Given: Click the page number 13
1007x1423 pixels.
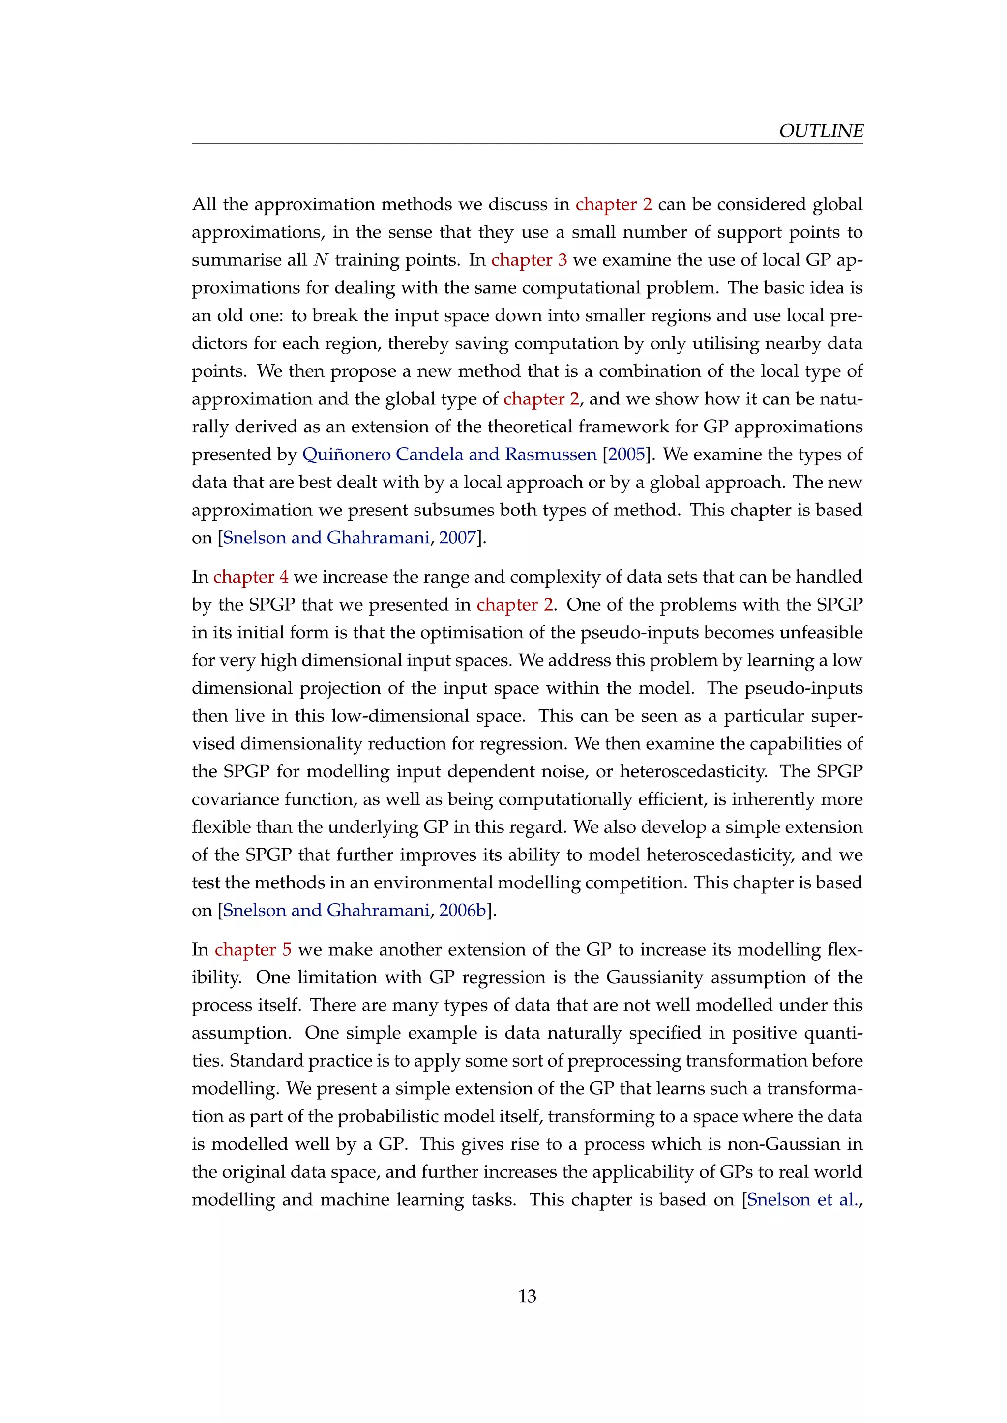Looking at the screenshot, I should [527, 1296].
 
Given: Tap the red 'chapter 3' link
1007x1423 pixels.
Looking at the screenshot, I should [529, 259].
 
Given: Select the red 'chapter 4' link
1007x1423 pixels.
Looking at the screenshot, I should [250, 577].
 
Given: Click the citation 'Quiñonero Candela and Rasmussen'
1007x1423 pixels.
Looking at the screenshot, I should [449, 455].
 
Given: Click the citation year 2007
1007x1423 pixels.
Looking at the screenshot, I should [457, 538].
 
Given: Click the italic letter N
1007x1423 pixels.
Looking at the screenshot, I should [321, 259].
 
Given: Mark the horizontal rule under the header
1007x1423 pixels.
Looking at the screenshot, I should [527, 144].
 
